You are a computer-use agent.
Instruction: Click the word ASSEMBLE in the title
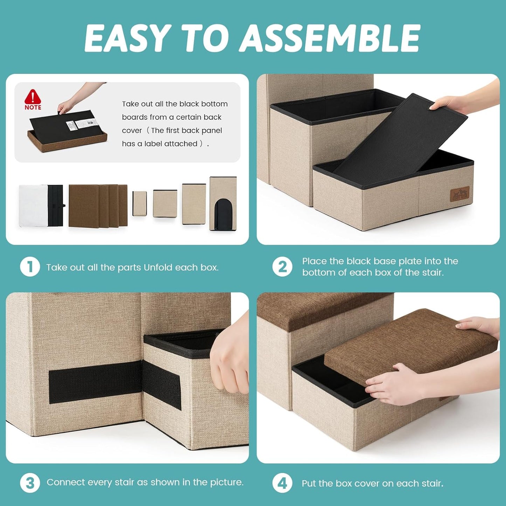[x=331, y=38]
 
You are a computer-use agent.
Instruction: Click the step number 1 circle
[x=30, y=267]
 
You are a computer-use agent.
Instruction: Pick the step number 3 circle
[x=30, y=483]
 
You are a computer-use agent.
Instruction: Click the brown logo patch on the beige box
[x=459, y=194]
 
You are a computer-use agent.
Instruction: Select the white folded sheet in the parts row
[x=33, y=205]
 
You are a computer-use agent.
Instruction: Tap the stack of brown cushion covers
[x=98, y=205]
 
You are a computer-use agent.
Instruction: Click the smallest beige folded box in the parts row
[x=139, y=203]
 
